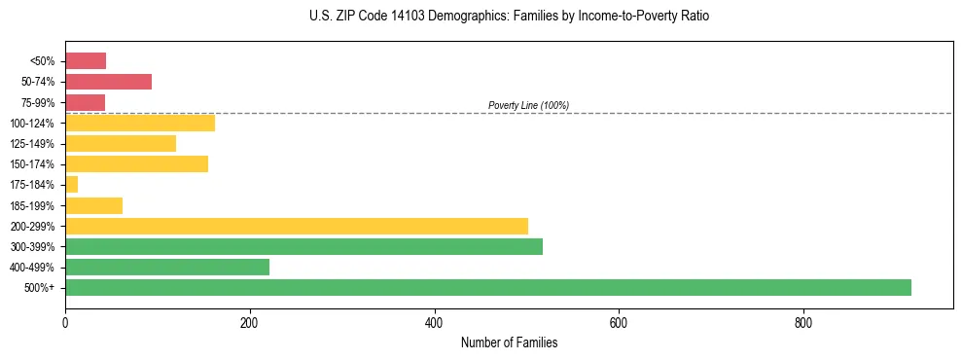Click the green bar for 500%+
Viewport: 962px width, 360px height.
pyautogui.click(x=487, y=287)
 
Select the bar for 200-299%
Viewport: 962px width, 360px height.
pyautogui.click(x=297, y=226)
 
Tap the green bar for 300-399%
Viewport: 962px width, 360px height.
pyautogui.click(x=303, y=246)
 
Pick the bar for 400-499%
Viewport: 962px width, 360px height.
pyautogui.click(x=167, y=267)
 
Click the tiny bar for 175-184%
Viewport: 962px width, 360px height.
pyautogui.click(x=71, y=184)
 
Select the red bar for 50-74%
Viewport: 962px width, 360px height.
pyautogui.click(x=108, y=82)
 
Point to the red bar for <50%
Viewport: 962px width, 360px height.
pyautogui.click(x=86, y=61)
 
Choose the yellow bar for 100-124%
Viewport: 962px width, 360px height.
pyautogui.click(x=140, y=123)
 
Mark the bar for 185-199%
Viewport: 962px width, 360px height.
pyautogui.click(x=93, y=205)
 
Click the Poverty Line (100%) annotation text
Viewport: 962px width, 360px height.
pyautogui.click(x=528, y=105)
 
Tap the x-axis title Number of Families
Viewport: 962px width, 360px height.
pyautogui.click(x=509, y=342)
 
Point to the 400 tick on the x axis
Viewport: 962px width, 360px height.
pyautogui.click(x=434, y=322)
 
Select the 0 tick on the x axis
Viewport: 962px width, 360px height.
pyautogui.click(x=65, y=322)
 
